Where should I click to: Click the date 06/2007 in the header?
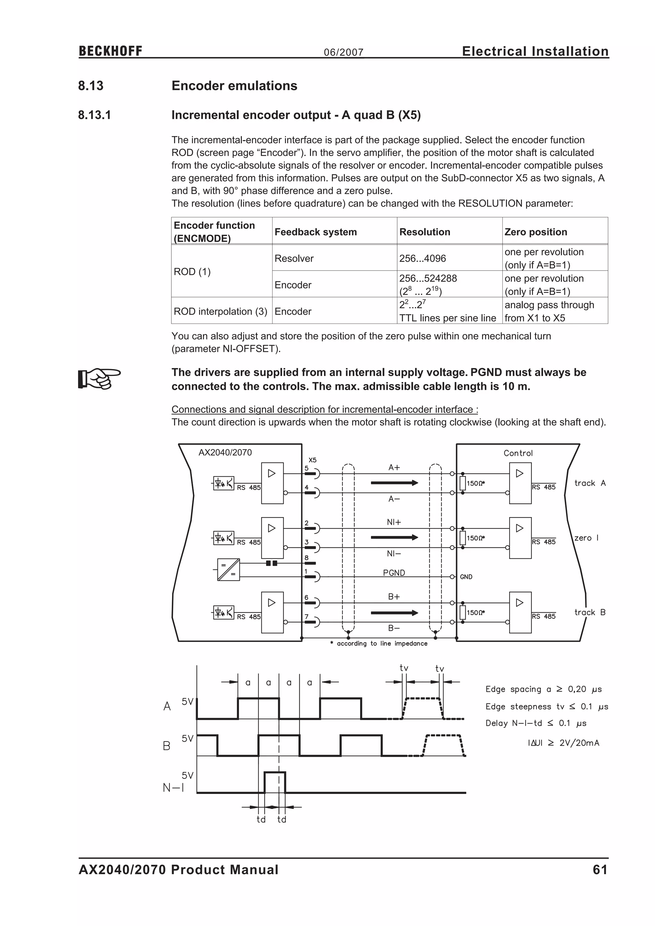point(343,52)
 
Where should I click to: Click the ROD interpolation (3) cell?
point(221,311)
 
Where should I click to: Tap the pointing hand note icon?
point(99,378)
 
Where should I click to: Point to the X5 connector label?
point(312,460)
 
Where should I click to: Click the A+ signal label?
point(394,467)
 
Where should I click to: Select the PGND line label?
point(394,573)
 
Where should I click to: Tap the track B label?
point(590,612)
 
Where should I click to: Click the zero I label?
point(586,538)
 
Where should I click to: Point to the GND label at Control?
point(466,577)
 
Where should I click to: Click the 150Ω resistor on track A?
point(462,483)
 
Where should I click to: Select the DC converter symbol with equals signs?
point(228,569)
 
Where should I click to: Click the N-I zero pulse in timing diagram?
point(275,782)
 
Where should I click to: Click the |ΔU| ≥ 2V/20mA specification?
point(563,743)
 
